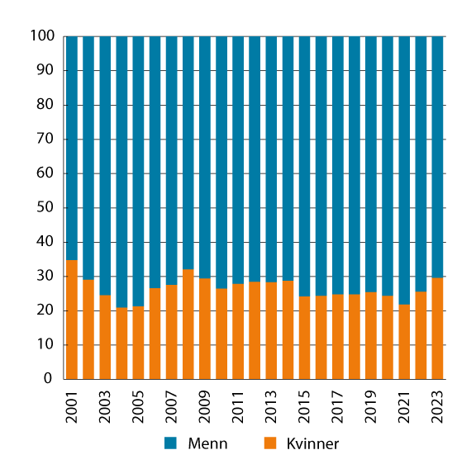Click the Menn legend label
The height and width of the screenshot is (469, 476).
tap(207, 443)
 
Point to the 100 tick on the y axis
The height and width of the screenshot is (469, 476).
tap(43, 37)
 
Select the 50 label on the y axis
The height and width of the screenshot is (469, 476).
tap(46, 208)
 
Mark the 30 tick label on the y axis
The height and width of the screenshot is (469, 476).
tap(46, 277)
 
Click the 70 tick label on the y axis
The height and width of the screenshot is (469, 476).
tap(46, 140)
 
